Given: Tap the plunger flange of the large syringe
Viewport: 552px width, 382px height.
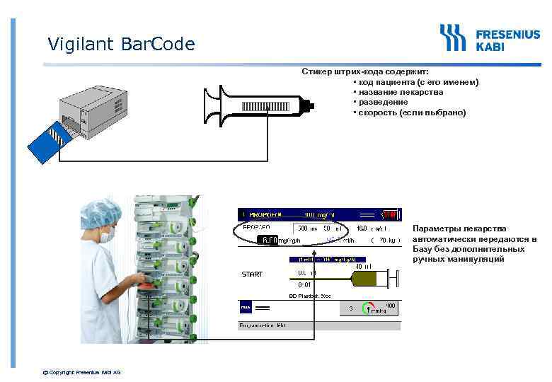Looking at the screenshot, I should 210,108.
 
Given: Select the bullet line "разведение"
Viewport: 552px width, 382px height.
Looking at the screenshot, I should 383,102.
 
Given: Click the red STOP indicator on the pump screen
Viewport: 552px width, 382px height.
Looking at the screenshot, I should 390,214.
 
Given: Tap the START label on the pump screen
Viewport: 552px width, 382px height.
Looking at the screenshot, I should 252,274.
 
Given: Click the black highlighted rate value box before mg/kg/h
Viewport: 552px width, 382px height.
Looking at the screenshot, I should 268,240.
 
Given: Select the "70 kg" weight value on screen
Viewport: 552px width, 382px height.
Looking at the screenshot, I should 385,240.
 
